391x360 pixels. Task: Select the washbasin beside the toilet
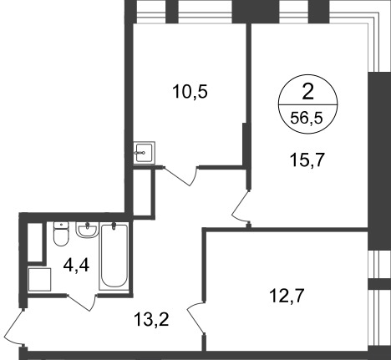86,228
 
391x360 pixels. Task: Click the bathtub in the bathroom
113,256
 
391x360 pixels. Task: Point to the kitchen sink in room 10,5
144,151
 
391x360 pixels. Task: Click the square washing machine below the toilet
39,279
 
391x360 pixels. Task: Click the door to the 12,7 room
195,317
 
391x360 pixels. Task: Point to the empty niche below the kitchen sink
144,191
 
